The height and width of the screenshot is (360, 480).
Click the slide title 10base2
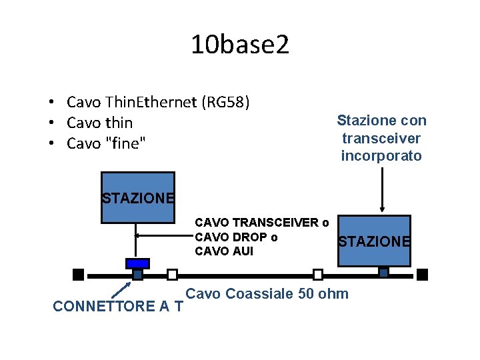coord(240,45)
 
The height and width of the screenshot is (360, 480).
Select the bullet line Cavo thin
coord(100,123)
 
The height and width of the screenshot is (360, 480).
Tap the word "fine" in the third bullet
coord(125,143)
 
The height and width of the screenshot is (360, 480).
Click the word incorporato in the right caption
coord(381,156)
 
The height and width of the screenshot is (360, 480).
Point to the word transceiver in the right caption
coord(381,138)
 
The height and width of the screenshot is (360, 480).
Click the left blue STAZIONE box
coord(137,197)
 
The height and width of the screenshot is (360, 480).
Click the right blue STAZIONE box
coord(374,241)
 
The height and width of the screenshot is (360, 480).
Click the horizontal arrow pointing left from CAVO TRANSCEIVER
coord(163,235)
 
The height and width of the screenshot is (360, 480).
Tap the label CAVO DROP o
coord(236,237)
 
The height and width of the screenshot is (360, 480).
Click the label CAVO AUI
coord(224,251)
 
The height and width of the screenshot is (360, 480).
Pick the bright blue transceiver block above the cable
coord(137,263)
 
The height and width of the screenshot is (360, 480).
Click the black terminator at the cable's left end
coord(78,274)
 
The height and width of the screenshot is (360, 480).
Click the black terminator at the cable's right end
coord(422,274)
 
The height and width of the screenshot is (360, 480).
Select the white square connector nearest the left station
coord(172,274)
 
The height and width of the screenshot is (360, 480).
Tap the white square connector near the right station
coord(318,274)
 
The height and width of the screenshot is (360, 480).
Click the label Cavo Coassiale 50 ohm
coord(267,294)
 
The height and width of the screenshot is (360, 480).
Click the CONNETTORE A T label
coord(118,307)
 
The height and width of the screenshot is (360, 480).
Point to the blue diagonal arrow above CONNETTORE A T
coord(120,289)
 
